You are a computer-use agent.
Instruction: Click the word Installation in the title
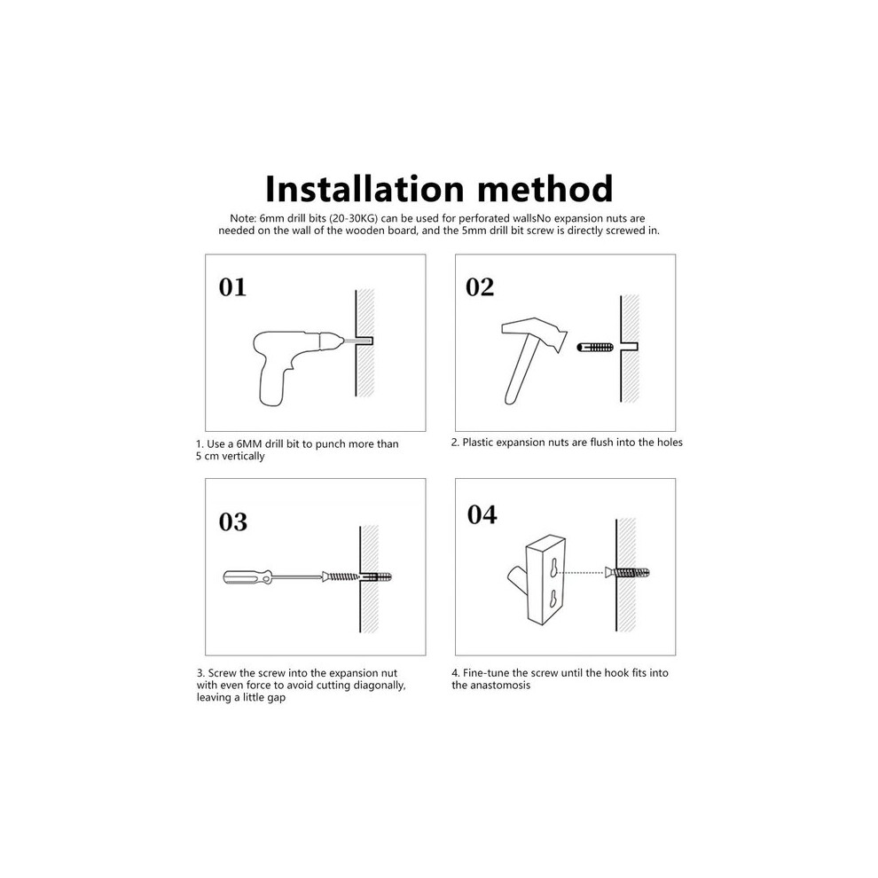pyautogui.click(x=365, y=189)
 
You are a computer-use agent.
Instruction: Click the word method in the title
pyautogui.click(x=545, y=189)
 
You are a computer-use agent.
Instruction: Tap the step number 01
pyautogui.click(x=232, y=287)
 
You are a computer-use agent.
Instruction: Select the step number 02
pyautogui.click(x=480, y=286)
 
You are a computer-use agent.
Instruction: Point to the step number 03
pyautogui.click(x=233, y=521)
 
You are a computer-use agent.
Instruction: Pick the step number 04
pyautogui.click(x=482, y=514)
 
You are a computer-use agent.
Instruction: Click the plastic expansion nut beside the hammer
pyautogui.click(x=595, y=347)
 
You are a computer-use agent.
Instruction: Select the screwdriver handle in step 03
pyautogui.click(x=247, y=577)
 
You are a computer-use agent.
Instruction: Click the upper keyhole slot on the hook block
pyautogui.click(x=553, y=568)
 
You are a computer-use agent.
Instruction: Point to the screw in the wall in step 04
pyautogui.click(x=627, y=573)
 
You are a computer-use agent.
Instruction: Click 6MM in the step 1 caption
pyautogui.click(x=249, y=444)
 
